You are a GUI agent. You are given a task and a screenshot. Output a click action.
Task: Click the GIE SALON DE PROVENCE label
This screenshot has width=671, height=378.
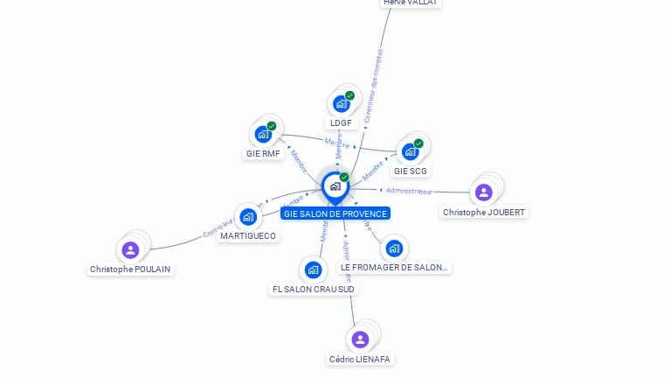pos(335,213)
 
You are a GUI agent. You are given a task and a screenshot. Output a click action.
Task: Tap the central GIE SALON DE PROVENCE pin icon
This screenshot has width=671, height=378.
pos(335,185)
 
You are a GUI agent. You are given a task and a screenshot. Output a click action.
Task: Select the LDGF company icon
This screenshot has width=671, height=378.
pos(342,103)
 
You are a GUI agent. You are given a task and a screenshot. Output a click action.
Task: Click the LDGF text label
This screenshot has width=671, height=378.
pos(342,123)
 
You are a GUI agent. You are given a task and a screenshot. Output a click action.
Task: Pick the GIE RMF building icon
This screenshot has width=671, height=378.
pos(263,134)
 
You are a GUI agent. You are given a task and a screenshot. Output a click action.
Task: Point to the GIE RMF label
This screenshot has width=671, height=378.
pos(263,154)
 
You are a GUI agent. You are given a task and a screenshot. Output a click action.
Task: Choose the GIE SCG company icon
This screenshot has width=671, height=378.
pos(410,151)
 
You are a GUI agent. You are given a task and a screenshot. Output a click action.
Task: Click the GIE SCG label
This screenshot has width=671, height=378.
pos(410,171)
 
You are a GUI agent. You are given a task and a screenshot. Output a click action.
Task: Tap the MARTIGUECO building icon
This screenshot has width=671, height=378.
pos(248,216)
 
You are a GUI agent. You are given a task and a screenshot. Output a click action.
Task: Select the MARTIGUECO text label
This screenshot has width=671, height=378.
pos(248,236)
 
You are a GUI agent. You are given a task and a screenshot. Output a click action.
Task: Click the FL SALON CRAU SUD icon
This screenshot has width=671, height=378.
pos(314,269)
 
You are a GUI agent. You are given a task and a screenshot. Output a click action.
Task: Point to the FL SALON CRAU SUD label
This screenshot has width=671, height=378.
pos(314,290)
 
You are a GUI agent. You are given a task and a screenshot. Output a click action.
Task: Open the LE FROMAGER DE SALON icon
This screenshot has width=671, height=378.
pos(394,248)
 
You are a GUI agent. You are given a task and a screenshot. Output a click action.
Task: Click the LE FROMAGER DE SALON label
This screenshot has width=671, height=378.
pos(394,268)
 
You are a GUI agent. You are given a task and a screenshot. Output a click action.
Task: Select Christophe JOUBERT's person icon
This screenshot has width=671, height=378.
pos(484,192)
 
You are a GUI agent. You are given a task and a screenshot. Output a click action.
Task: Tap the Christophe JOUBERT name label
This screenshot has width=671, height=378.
pos(485,213)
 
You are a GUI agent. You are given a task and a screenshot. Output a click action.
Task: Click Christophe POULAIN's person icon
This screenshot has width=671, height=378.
pos(130,250)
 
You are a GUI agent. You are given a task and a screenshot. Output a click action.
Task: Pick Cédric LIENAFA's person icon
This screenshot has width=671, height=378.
pos(360,339)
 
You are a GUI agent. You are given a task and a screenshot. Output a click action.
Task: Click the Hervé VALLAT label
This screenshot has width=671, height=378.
pos(411,3)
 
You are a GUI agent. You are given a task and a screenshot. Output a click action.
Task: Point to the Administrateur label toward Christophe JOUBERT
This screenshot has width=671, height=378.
pos(409,191)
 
